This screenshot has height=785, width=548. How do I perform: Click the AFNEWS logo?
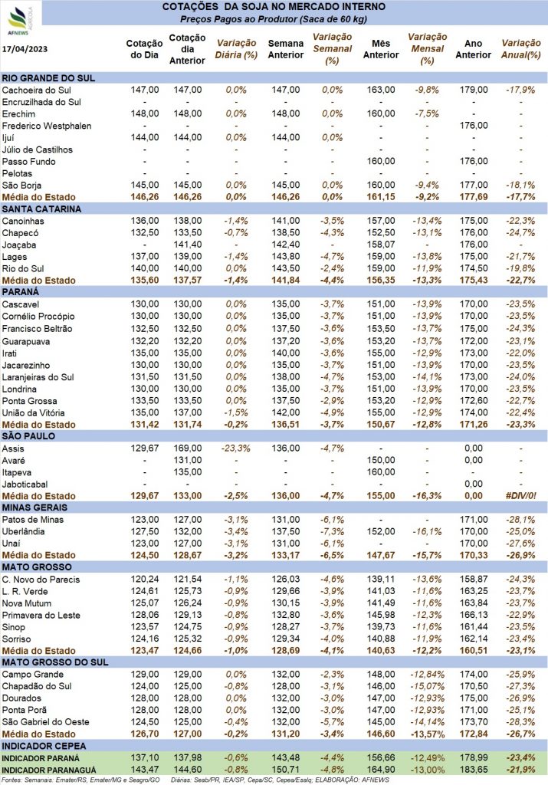(20, 21)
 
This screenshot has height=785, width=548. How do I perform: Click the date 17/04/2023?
(25, 49)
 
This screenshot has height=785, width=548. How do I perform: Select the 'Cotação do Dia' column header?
(144, 49)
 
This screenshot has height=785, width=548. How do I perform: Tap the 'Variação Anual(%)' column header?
(521, 49)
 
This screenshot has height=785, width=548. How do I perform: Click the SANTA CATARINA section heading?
(41, 209)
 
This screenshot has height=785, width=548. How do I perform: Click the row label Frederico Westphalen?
(47, 126)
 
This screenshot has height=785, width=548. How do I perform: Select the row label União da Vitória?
(33, 413)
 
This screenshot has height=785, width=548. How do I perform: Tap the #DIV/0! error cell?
(521, 496)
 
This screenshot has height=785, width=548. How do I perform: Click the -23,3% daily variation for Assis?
(236, 448)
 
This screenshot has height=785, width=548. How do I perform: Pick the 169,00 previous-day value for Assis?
(188, 448)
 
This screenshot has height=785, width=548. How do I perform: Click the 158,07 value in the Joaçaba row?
(381, 245)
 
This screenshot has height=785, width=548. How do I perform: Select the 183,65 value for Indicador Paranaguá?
(474, 770)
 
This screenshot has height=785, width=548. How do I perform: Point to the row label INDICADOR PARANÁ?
(41, 758)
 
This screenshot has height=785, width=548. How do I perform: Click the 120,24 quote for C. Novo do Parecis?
(145, 580)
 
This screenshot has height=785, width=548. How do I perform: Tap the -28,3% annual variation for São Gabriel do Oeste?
(521, 722)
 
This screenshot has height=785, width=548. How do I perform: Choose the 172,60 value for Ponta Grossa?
(474, 401)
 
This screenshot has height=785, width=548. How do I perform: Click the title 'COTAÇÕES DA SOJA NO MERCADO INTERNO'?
(274, 7)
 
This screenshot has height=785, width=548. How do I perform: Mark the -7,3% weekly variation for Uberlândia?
(333, 532)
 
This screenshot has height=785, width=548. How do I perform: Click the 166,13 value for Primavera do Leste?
(474, 616)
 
